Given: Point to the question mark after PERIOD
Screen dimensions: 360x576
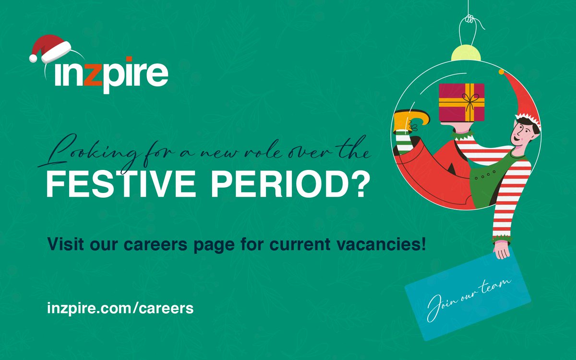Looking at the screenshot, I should (x=358, y=186).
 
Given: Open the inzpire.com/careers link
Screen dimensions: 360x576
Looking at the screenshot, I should (x=120, y=308).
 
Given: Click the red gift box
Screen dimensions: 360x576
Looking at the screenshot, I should (x=461, y=102).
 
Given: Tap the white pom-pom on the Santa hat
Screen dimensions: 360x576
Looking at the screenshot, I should (x=33, y=58).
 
